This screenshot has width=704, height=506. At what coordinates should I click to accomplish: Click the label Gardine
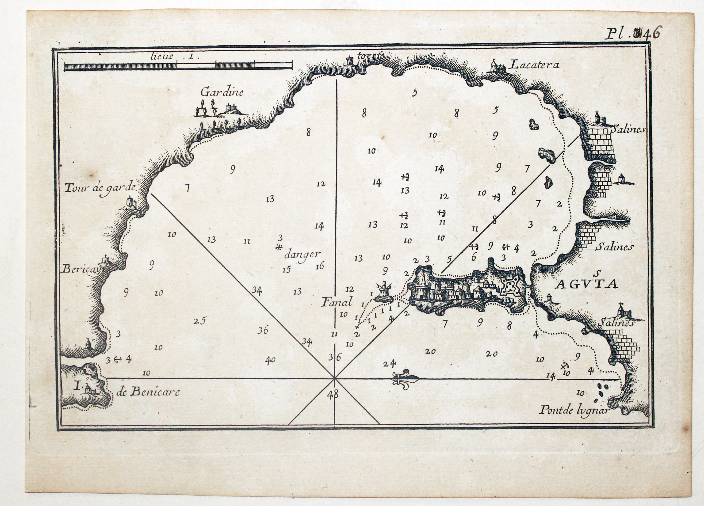pos(222,92)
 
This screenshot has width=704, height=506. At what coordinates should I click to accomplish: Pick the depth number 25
pos(200,320)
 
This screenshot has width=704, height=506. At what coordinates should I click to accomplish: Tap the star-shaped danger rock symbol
pos(279,247)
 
